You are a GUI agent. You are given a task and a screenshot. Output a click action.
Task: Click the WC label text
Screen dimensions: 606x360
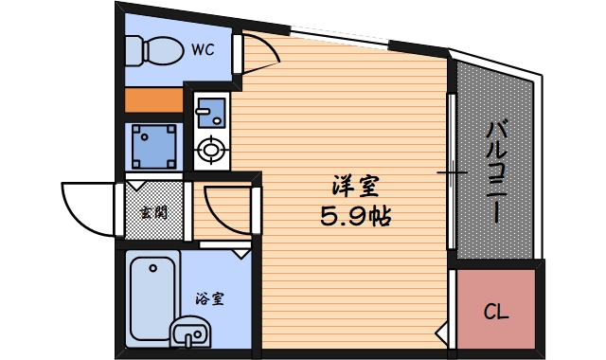pyautogui.click(x=203, y=50)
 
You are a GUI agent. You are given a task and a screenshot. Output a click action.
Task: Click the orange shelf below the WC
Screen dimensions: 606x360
pyautogui.click(x=153, y=99)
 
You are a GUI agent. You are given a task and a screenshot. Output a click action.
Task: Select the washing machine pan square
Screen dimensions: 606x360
pyautogui.click(x=153, y=147)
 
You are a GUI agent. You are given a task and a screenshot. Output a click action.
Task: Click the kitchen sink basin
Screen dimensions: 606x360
pyautogui.click(x=211, y=113)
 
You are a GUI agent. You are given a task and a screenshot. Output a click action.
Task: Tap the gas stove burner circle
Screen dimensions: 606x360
pyautogui.click(x=211, y=150)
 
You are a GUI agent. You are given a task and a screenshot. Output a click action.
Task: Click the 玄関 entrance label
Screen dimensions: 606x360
pyautogui.click(x=153, y=212)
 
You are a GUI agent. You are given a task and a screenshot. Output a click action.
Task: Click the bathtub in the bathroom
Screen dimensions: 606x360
pyautogui.click(x=153, y=298)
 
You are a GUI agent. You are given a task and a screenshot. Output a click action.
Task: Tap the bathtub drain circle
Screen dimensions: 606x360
pyautogui.click(x=153, y=267)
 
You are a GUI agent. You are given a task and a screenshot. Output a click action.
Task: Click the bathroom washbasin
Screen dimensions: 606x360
pyautogui.click(x=190, y=333)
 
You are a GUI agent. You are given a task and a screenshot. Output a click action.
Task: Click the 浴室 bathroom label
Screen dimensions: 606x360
pyautogui.click(x=210, y=298)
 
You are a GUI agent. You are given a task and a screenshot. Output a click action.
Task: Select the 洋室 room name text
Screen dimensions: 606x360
pyautogui.click(x=356, y=186)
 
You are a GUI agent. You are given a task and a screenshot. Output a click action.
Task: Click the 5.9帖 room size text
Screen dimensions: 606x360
pyautogui.click(x=356, y=216)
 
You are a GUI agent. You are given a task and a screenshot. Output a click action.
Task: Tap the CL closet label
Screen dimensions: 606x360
pyautogui.click(x=496, y=311)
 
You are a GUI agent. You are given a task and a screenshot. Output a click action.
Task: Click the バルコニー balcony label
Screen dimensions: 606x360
pyautogui.click(x=496, y=171)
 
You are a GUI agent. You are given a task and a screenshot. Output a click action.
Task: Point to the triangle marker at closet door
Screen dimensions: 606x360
pyautogui.click(x=441, y=332)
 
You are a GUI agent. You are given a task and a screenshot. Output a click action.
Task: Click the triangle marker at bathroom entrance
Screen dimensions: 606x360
pyautogui.click(x=241, y=254)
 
